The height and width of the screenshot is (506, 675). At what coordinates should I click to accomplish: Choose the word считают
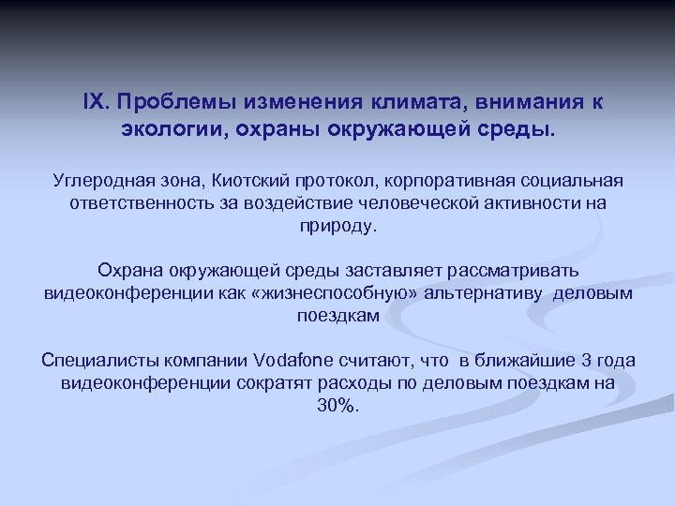pos(395,361)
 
